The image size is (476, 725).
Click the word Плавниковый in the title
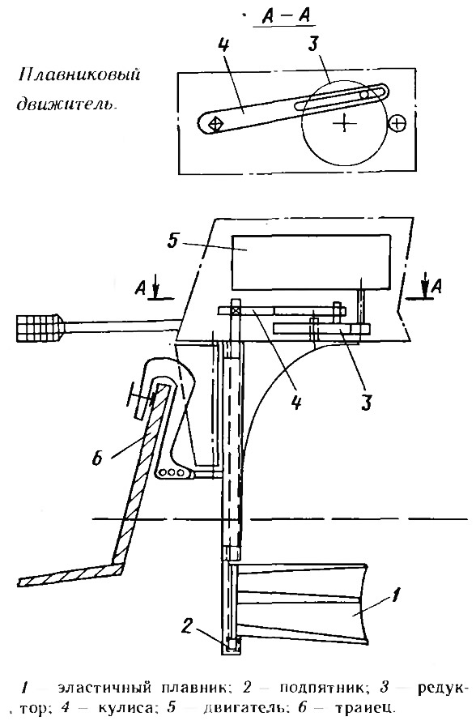point(79,75)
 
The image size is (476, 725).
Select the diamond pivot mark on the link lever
point(215,123)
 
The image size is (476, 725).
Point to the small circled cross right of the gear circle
point(398,123)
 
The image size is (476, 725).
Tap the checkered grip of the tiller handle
point(40,328)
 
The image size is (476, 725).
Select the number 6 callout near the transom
point(96,459)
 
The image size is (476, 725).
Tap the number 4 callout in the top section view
point(223,45)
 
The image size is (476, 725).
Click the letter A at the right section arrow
point(436,287)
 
